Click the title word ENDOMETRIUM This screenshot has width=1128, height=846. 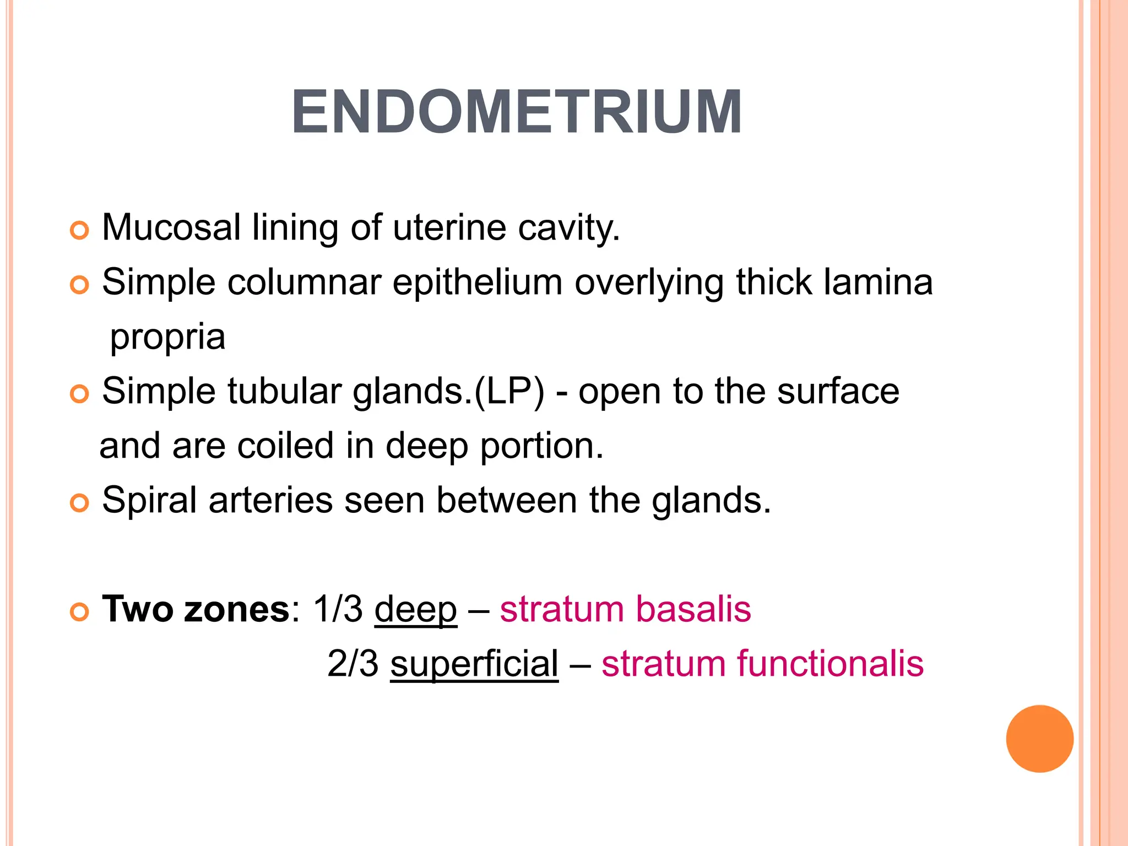(x=517, y=112)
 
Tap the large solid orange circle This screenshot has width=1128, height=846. (x=1039, y=739)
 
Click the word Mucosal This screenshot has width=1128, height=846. (x=171, y=227)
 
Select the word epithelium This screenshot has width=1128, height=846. (x=478, y=283)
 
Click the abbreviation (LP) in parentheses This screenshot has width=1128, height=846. (x=509, y=392)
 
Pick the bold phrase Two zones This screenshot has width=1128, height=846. (x=196, y=609)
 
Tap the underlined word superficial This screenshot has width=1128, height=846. (x=474, y=664)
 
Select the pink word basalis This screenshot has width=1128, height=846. (x=693, y=609)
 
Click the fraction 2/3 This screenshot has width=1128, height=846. (x=353, y=664)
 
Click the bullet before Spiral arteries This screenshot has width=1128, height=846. (x=80, y=503)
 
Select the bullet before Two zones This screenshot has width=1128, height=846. (x=80, y=612)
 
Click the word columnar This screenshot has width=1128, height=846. (x=304, y=283)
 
